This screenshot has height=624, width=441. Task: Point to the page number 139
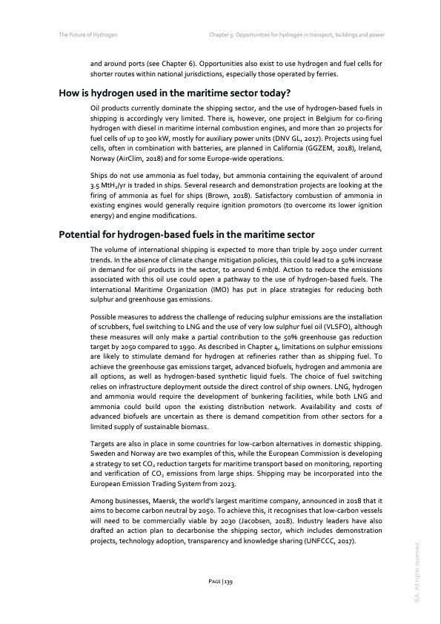tap(220, 582)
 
